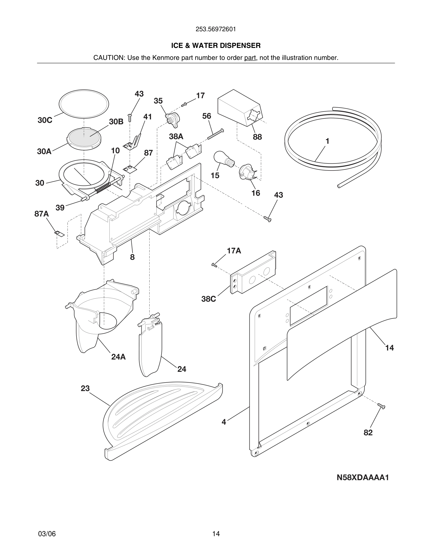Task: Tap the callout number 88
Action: (257, 137)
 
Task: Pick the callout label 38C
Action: (208, 299)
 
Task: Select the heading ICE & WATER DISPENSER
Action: (216, 46)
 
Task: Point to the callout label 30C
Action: (45, 120)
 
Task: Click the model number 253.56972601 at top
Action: (216, 29)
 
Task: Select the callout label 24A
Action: (118, 357)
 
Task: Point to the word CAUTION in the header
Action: (108, 58)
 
